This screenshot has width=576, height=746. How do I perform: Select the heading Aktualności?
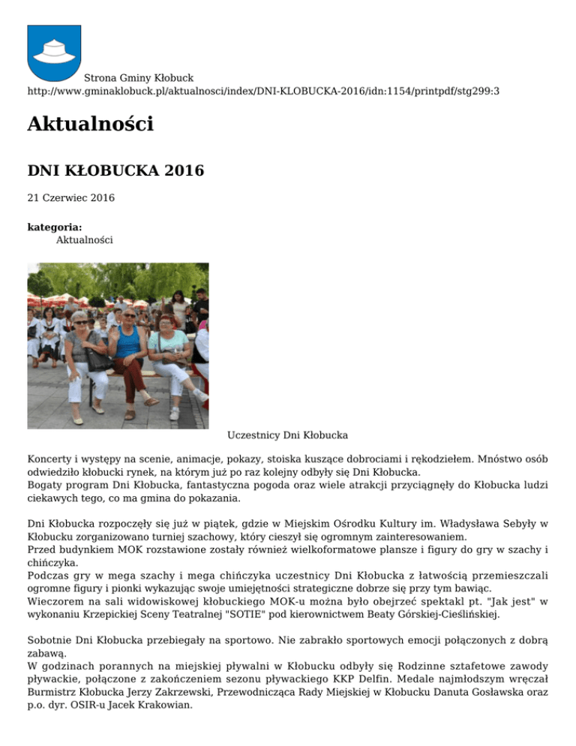90,125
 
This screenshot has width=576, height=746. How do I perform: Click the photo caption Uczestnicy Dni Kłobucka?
287,435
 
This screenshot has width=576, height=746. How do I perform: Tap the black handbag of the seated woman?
100,360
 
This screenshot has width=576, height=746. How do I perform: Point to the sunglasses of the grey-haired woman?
80,322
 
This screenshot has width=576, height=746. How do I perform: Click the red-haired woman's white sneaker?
199,395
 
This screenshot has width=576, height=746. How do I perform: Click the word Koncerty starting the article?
50,457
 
